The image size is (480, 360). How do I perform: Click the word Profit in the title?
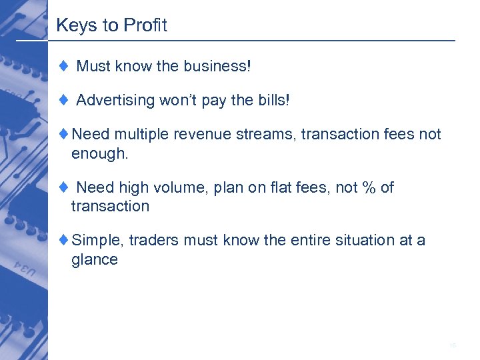point(145,26)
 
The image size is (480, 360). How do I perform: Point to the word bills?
point(273,100)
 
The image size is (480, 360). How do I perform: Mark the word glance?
point(95,259)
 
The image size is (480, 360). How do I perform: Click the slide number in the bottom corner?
point(453,345)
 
